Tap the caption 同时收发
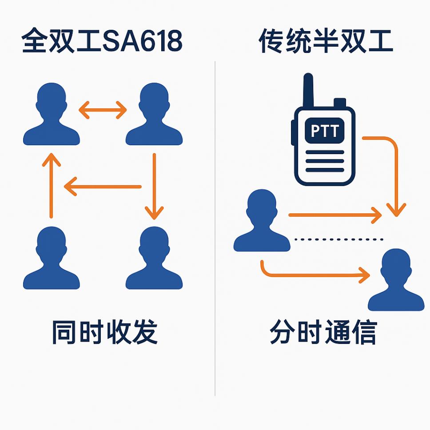pyautogui.click(x=105, y=332)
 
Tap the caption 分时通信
pyautogui.click(x=323, y=332)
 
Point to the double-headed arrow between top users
pyautogui.click(x=103, y=110)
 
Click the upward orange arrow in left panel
pyautogui.click(x=51, y=184)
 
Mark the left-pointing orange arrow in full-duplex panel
pyautogui.click(x=103, y=187)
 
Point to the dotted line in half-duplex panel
pyautogui.click(x=338, y=239)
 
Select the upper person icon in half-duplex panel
pyautogui.click(x=262, y=222)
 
